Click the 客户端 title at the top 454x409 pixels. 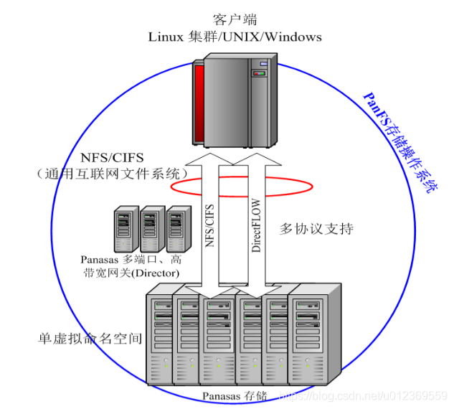point(235,19)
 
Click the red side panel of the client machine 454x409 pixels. point(199,103)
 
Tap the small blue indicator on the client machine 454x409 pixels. point(264,64)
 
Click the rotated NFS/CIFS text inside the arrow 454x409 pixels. point(209,225)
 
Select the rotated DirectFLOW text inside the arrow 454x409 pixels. point(256,225)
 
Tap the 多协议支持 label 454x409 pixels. point(316,229)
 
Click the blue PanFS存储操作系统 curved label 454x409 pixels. point(401,143)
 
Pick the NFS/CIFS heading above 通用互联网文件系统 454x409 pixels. point(112,158)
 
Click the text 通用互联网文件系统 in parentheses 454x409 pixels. point(113,174)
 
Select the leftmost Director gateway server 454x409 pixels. point(126,229)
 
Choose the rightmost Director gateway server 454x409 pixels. point(179,229)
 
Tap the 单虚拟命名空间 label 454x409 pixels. point(90,339)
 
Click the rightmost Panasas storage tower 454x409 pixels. point(314,334)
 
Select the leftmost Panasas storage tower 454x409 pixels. point(159,335)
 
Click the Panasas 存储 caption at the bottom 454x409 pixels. point(235,396)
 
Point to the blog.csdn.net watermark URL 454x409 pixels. point(364,395)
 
